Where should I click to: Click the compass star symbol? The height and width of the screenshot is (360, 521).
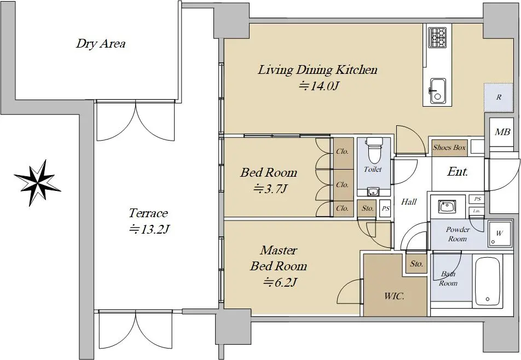click(x=37, y=183)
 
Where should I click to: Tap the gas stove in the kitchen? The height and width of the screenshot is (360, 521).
click(x=437, y=37)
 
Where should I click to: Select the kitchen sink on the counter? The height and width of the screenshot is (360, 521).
click(x=437, y=91)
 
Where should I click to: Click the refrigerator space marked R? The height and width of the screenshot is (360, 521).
click(x=499, y=97)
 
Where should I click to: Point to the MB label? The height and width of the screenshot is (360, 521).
click(x=502, y=132)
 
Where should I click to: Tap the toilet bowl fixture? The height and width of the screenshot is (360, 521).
click(x=374, y=149)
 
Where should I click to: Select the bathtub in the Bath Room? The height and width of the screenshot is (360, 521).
click(x=488, y=282)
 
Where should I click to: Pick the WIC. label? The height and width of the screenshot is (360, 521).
click(x=394, y=296)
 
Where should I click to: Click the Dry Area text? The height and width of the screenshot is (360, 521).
click(x=101, y=44)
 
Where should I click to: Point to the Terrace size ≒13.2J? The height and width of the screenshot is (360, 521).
click(x=149, y=229)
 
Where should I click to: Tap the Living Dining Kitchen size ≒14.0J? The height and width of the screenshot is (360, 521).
click(x=319, y=86)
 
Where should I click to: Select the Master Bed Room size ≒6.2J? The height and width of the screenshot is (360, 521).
click(x=280, y=282)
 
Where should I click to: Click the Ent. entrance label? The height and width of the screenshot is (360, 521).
click(x=458, y=172)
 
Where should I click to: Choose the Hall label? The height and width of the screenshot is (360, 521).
click(x=409, y=201)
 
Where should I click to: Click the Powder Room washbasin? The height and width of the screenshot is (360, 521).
click(x=444, y=207)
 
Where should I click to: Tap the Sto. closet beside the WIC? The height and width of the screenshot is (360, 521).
click(x=416, y=264)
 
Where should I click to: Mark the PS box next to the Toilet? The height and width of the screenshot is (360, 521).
click(x=385, y=208)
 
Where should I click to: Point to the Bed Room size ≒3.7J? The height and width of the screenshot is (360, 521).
click(x=270, y=189)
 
